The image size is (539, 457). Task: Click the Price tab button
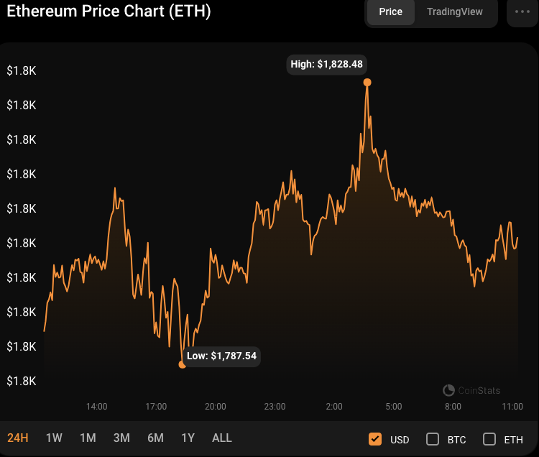(391, 12)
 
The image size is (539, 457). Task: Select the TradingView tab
(455, 12)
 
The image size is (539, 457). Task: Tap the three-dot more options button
(522, 12)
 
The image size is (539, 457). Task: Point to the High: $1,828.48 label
(327, 65)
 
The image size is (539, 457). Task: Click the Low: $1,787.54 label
(221, 356)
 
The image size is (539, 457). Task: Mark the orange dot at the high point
(367, 83)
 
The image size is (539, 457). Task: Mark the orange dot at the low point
(182, 364)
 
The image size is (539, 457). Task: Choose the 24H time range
(18, 438)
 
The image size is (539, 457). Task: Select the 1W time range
(54, 438)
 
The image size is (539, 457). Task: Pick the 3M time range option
(121, 438)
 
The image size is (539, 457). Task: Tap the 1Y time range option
(188, 438)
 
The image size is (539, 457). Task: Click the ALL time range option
(222, 438)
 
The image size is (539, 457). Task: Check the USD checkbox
(374, 439)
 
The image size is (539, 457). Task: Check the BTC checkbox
(433, 439)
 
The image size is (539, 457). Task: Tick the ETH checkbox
(489, 439)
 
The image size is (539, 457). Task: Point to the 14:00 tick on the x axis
(97, 407)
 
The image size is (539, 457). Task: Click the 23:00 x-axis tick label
(275, 407)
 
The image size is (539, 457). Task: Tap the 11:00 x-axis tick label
(512, 407)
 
